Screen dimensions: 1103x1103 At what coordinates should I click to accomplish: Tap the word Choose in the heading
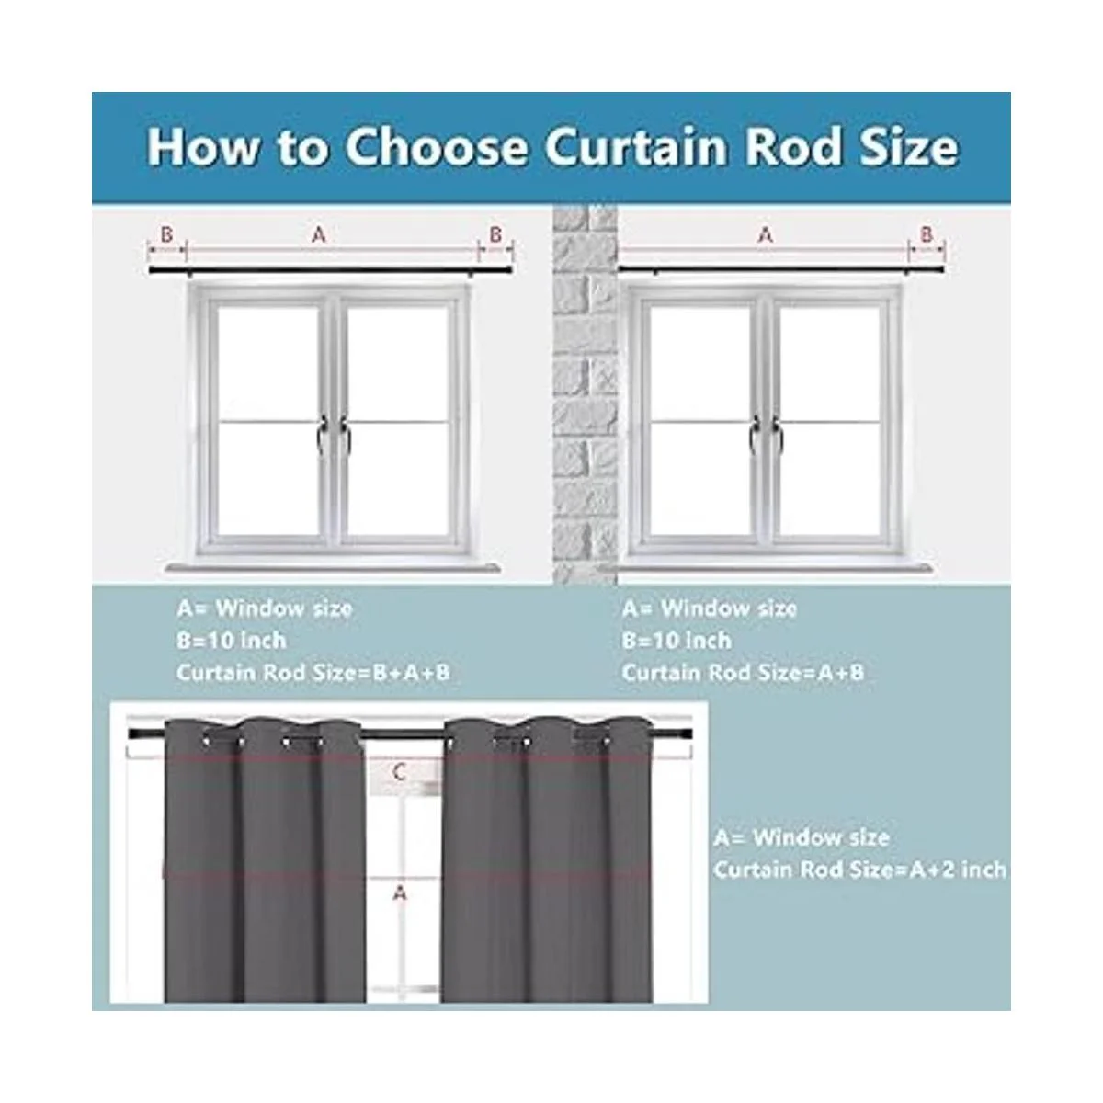click(x=437, y=146)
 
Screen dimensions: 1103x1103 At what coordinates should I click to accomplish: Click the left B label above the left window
click(x=166, y=235)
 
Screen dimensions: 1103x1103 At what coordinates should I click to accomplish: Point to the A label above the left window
click(x=319, y=235)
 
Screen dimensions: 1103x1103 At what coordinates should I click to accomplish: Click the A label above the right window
click(x=765, y=235)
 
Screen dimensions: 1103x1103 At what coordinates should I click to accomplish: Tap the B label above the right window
click(x=927, y=235)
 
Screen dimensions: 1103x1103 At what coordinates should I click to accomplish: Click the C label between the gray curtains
click(x=399, y=772)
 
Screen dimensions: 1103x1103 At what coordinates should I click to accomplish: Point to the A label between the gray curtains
click(x=399, y=893)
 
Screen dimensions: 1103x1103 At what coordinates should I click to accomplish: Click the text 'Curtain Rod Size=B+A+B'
click(x=313, y=673)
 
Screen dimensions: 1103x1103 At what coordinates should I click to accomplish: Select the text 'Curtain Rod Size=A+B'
click(x=743, y=673)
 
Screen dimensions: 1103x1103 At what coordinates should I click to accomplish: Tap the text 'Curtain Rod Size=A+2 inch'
click(x=859, y=870)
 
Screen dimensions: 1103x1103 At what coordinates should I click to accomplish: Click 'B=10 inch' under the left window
click(x=232, y=641)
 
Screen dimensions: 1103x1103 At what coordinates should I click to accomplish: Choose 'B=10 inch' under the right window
click(x=677, y=641)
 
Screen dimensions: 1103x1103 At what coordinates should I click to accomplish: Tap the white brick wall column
click(x=584, y=395)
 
